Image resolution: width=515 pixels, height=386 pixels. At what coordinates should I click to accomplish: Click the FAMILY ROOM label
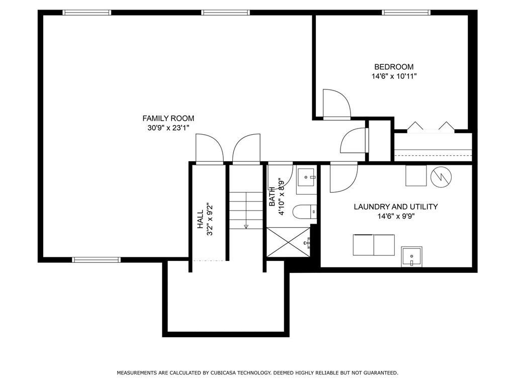tap(168, 118)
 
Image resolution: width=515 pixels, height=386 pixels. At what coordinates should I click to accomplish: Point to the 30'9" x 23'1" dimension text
tap(168, 128)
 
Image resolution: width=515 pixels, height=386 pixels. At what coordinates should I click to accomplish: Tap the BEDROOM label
tap(393, 67)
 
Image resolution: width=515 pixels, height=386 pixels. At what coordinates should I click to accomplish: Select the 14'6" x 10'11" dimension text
tap(393, 76)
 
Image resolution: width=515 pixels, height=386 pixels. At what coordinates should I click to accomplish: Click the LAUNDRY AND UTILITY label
tap(395, 207)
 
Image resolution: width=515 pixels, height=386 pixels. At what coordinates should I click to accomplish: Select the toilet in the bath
tap(305, 212)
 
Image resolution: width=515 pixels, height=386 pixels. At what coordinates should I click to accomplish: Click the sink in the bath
tap(306, 177)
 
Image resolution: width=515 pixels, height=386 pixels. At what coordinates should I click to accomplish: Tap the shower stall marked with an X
tap(288, 242)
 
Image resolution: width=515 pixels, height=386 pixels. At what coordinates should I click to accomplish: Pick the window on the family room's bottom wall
tap(97, 260)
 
